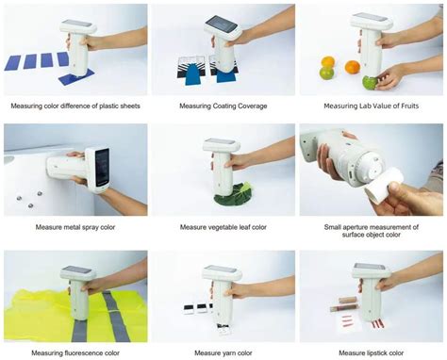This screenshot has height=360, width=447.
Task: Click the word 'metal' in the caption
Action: pos(65,227)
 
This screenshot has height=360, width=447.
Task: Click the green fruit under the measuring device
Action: pos(371,82)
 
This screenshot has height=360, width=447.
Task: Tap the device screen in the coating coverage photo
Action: pos(219,24)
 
